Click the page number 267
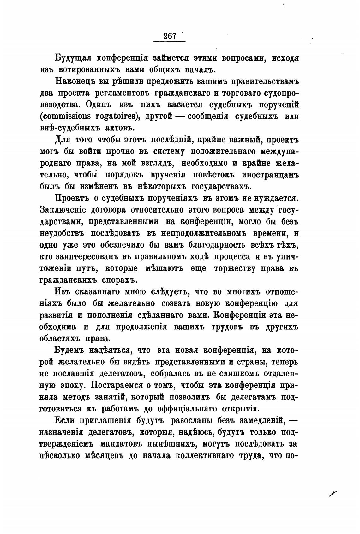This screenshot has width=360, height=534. [x=170, y=36]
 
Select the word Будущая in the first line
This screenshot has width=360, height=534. [x=73, y=58]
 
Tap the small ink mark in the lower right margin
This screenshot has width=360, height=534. [x=333, y=493]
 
